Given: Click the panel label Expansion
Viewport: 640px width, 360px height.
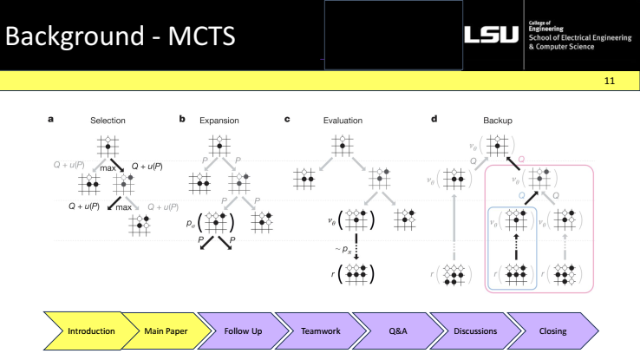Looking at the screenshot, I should coord(212,121).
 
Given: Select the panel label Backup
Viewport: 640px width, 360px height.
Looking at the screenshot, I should coord(490,121).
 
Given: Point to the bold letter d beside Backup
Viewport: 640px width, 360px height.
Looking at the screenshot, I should coord(434,120).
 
